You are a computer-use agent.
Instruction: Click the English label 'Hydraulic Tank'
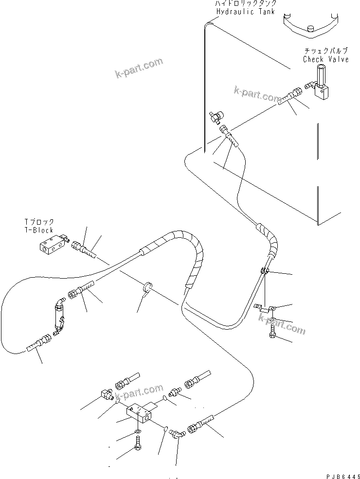(x=246, y=12)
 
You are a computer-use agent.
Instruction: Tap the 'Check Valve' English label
(x=325, y=59)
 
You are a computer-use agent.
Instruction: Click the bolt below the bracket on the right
(x=272, y=333)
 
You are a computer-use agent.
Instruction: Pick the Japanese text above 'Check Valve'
(x=325, y=51)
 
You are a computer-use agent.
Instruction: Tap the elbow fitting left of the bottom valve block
(x=106, y=392)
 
